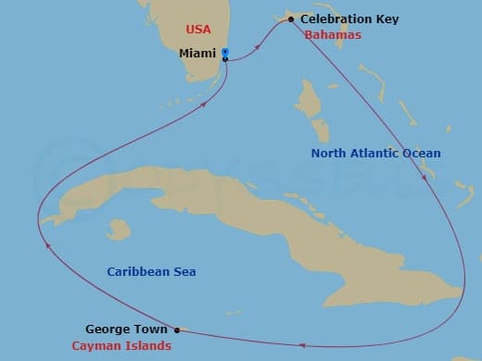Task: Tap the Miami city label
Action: pyautogui.click(x=197, y=54)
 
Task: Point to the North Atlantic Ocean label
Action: pyautogui.click(x=375, y=153)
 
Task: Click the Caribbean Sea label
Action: pyautogui.click(x=151, y=271)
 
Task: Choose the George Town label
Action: pyautogui.click(x=126, y=329)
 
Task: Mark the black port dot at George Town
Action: pyautogui.click(x=176, y=329)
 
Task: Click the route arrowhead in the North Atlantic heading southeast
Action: pyautogui.click(x=425, y=179)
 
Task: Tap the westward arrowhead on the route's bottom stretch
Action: pyautogui.click(x=302, y=346)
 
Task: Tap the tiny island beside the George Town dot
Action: pyautogui.click(x=184, y=329)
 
